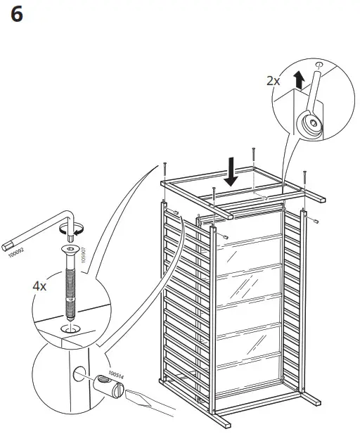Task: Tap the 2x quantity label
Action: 273,81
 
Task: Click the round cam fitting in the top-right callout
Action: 309,124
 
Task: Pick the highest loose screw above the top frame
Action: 252,153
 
